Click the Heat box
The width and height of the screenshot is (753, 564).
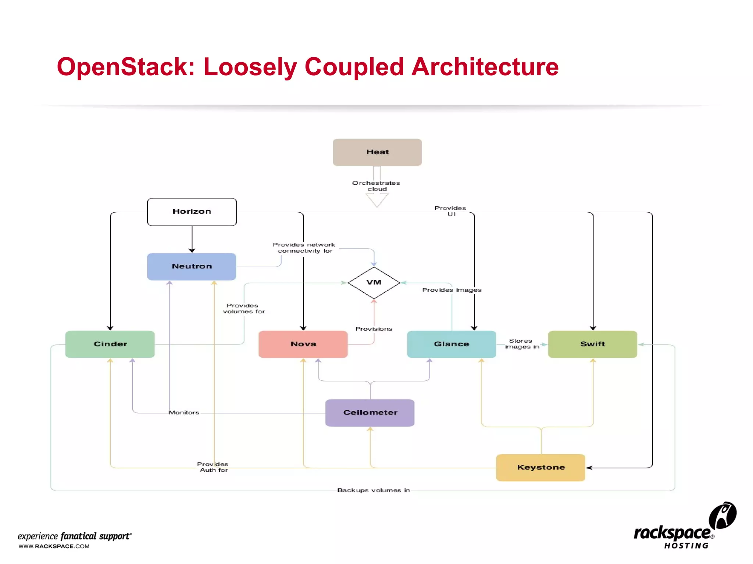click(377, 152)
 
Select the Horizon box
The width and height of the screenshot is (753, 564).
click(192, 211)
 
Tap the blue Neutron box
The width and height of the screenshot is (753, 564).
click(192, 266)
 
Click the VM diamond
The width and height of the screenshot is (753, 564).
click(374, 282)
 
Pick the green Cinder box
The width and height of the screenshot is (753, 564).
click(110, 344)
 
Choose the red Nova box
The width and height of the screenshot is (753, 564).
click(303, 344)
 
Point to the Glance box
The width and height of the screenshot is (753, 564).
click(452, 344)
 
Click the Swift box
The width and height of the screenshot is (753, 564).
click(592, 344)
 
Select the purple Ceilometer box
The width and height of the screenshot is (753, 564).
click(370, 412)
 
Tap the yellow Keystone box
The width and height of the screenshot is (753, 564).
click(540, 467)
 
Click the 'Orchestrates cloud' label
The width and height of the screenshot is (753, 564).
click(376, 186)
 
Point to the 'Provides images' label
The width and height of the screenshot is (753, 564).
click(452, 290)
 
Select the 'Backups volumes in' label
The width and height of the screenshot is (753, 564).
click(374, 490)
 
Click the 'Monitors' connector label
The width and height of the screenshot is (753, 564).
click(184, 413)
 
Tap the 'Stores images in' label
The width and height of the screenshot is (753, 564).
click(521, 344)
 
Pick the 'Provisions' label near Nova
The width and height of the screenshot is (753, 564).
click(374, 329)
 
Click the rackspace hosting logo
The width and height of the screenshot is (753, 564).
click(684, 527)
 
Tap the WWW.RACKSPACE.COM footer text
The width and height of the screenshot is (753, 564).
click(54, 546)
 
